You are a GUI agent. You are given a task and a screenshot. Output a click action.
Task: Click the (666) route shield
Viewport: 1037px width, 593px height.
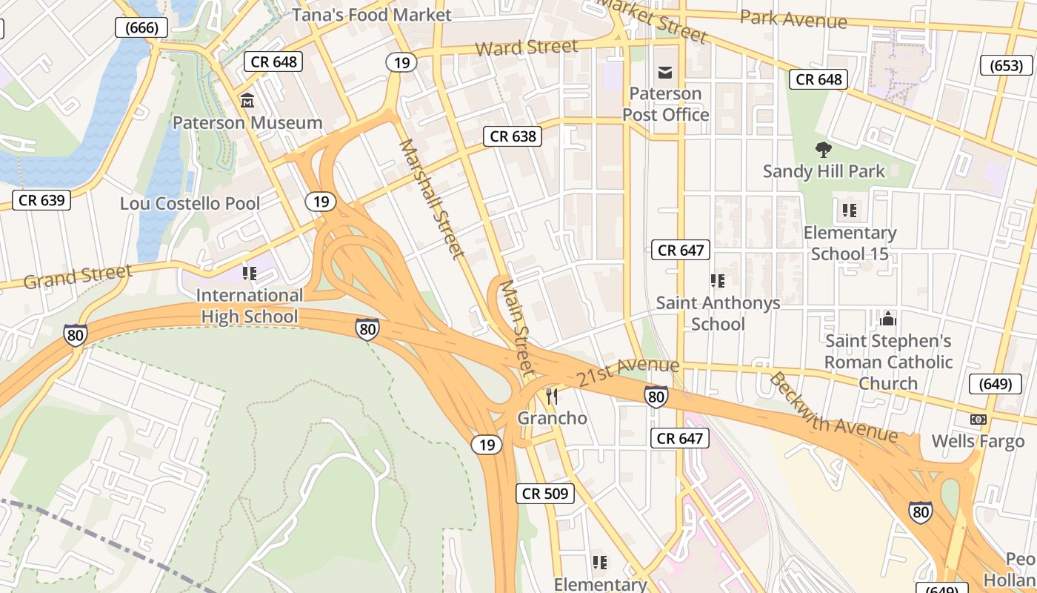point(141,28)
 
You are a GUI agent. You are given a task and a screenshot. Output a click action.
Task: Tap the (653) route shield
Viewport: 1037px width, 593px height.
point(1006,65)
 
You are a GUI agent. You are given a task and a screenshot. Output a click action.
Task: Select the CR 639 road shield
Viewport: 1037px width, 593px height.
point(41,199)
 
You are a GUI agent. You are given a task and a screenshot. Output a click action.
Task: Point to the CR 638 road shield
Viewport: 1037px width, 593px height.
point(513,136)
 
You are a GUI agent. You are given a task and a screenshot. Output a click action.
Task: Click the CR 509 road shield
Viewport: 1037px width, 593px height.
point(545,493)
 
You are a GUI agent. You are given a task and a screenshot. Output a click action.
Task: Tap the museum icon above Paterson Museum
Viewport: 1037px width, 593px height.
point(247,100)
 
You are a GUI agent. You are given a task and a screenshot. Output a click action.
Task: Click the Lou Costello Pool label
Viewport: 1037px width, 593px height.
point(190,203)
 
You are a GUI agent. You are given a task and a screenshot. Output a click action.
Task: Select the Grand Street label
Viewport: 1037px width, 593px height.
point(78,276)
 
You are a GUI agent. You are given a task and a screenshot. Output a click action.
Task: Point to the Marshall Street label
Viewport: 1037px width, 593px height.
point(432,199)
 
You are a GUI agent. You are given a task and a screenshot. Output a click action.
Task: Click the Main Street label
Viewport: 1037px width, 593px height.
point(517,327)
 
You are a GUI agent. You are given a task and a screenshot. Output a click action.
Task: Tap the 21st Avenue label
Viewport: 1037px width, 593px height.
point(628,371)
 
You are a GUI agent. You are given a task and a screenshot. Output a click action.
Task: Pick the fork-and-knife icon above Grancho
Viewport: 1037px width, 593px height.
point(551,397)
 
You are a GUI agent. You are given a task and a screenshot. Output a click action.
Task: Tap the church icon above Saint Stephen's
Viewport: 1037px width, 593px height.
point(887,319)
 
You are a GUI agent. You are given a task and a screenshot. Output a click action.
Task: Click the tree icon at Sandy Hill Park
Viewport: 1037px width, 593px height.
point(823,150)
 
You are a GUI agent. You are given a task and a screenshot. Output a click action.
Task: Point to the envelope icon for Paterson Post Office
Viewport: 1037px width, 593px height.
point(664,72)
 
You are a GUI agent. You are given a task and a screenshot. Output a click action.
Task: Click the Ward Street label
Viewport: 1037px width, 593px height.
point(526,48)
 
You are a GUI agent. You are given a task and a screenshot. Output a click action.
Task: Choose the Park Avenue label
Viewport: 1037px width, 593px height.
point(793,19)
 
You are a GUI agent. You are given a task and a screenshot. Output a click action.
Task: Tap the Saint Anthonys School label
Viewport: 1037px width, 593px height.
point(718,314)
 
